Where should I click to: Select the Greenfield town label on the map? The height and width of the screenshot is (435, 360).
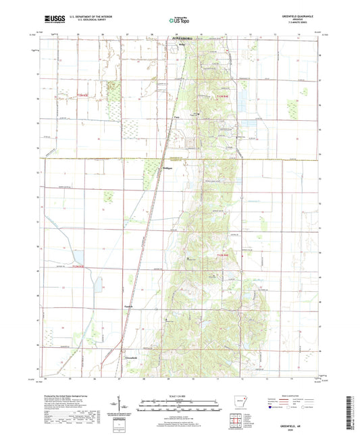pos(131,357)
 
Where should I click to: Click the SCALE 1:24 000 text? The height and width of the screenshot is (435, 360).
pos(180,395)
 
